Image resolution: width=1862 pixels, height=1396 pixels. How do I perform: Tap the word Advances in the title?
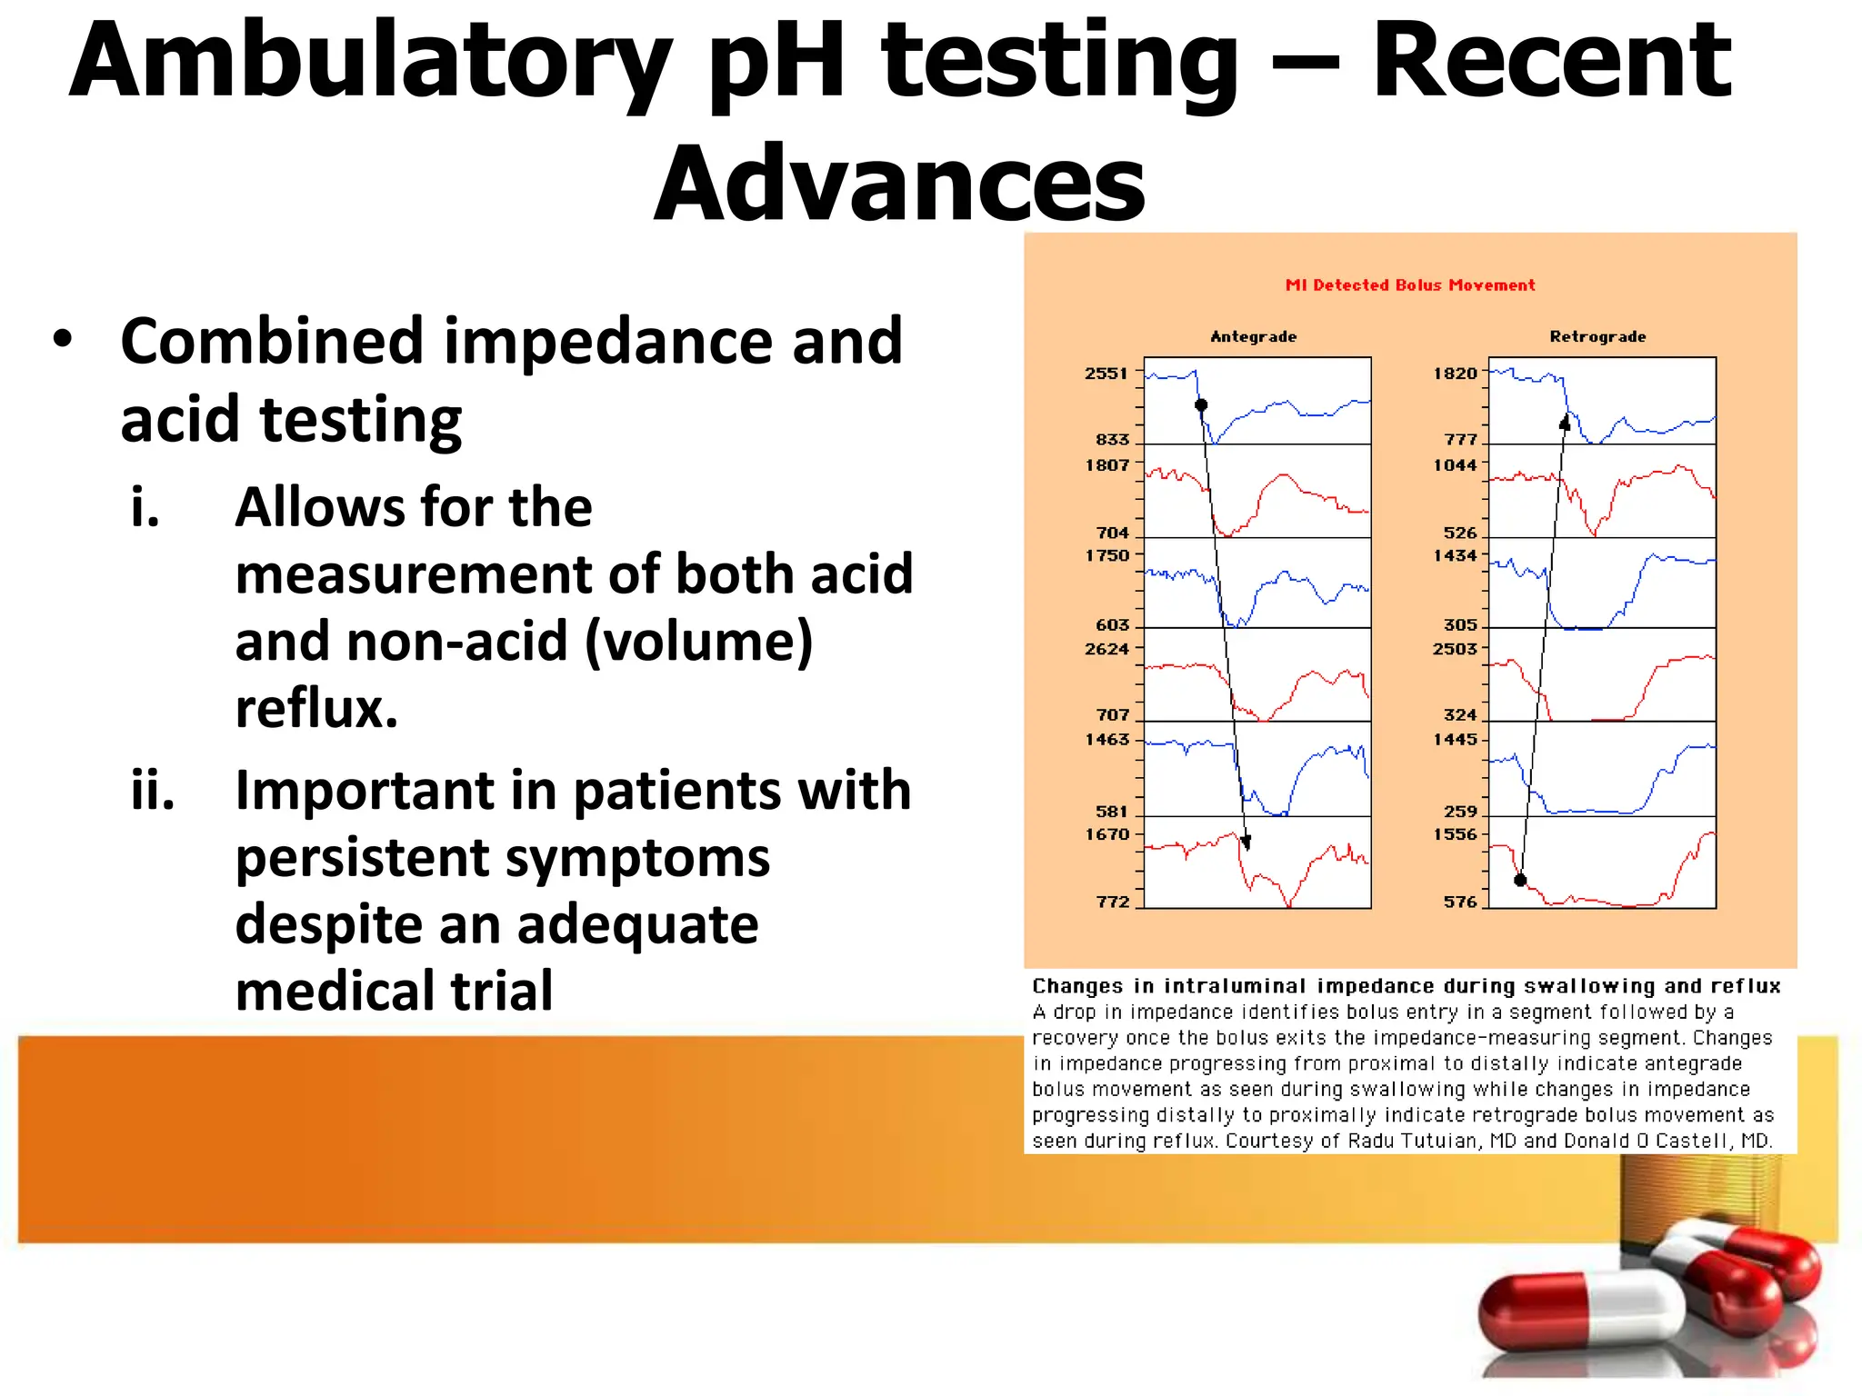pyautogui.click(x=900, y=184)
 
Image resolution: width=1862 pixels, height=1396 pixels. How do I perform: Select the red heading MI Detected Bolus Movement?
pyautogui.click(x=1410, y=285)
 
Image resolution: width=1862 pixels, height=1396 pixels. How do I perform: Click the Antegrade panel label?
pyautogui.click(x=1254, y=337)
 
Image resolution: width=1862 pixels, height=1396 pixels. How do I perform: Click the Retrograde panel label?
pyautogui.click(x=1597, y=337)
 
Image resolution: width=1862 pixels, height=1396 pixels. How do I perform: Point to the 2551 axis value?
pyautogui.click(x=1106, y=374)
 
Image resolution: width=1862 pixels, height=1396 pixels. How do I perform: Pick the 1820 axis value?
pyautogui.click(x=1455, y=374)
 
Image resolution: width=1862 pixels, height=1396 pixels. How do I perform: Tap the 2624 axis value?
pyautogui.click(x=1106, y=649)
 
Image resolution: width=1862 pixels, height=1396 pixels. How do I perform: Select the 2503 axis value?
pyautogui.click(x=1455, y=649)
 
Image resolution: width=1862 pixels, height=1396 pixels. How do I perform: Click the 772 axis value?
pyautogui.click(x=1112, y=902)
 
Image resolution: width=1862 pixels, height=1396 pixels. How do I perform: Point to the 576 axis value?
pyautogui.click(x=1460, y=902)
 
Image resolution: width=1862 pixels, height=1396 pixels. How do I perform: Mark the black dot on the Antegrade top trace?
pyautogui.click(x=1201, y=405)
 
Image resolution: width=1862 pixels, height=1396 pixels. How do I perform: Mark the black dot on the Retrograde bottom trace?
pyautogui.click(x=1520, y=880)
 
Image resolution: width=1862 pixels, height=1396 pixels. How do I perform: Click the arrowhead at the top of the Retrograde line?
pyautogui.click(x=1565, y=422)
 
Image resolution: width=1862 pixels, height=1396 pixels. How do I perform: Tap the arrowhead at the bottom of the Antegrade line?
pyautogui.click(x=1246, y=843)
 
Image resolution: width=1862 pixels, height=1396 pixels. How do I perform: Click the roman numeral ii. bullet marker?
pyautogui.click(x=152, y=791)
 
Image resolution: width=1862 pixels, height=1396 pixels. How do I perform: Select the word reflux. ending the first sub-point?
pyautogui.click(x=316, y=709)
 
